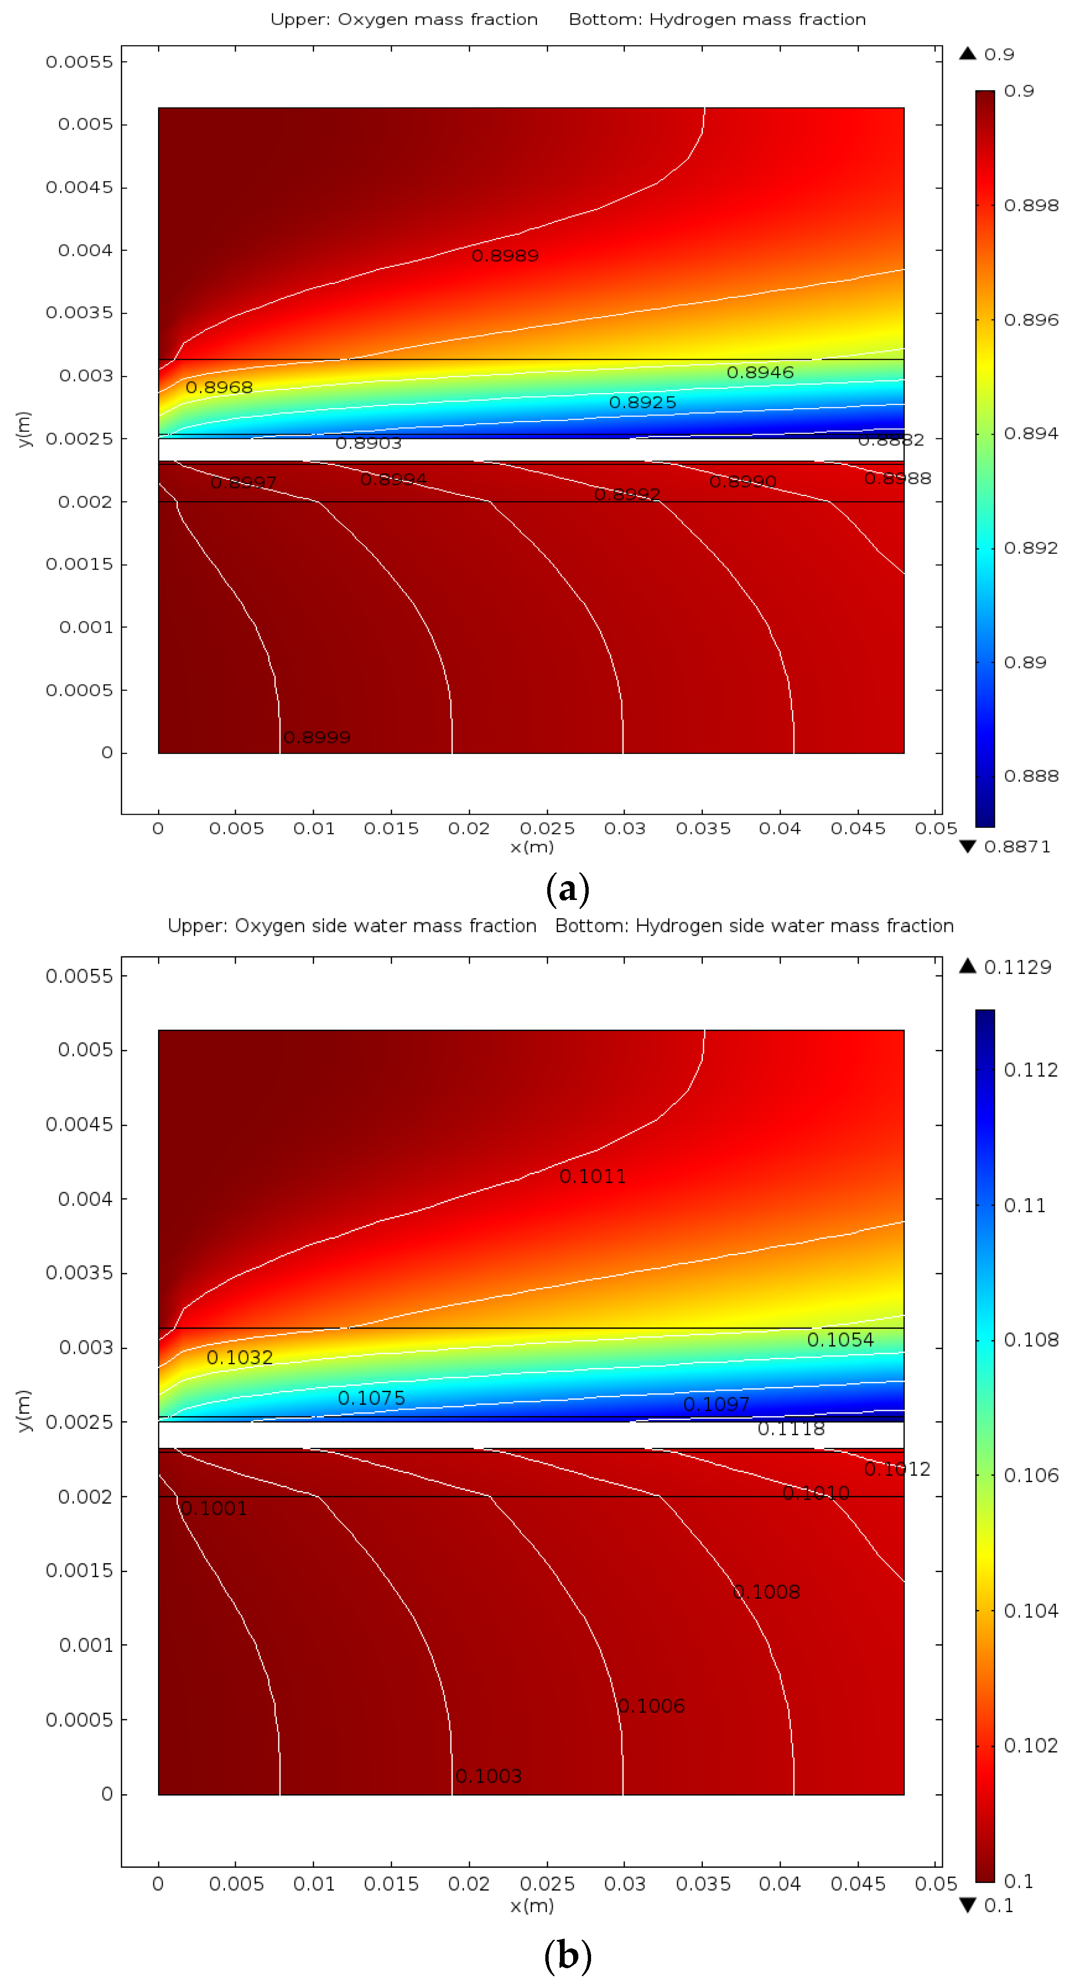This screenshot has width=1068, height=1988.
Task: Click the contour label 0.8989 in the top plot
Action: pos(505,256)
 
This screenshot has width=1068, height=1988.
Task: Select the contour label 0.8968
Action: pos(219,388)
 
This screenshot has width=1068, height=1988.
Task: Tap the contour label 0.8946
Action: pos(760,373)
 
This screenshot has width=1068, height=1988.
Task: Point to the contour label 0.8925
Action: pos(642,403)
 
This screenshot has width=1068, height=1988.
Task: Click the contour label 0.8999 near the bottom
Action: pos(317,738)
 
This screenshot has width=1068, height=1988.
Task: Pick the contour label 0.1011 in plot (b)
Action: pos(592,1177)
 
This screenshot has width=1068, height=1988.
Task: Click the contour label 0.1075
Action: pos(371,1398)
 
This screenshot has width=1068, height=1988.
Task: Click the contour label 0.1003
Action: pos(488,1776)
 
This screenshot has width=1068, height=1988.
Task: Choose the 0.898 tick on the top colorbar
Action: pos(1030,205)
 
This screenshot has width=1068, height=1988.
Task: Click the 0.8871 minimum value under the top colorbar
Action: pos(1017,847)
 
